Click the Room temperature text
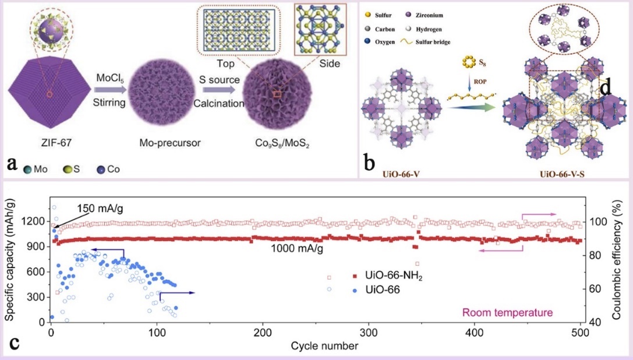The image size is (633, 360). pos(507,313)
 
